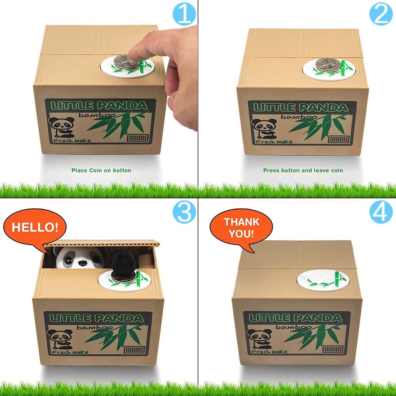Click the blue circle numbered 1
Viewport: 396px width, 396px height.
185,14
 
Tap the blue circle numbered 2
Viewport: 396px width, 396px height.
381,14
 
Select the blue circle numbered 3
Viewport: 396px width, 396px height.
185,212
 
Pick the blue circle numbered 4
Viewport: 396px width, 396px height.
381,212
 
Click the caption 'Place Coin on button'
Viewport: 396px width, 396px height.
101,170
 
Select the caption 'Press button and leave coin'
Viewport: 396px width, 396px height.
303,170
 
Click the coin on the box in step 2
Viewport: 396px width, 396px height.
327,63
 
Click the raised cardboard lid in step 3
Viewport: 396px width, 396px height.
103,242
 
